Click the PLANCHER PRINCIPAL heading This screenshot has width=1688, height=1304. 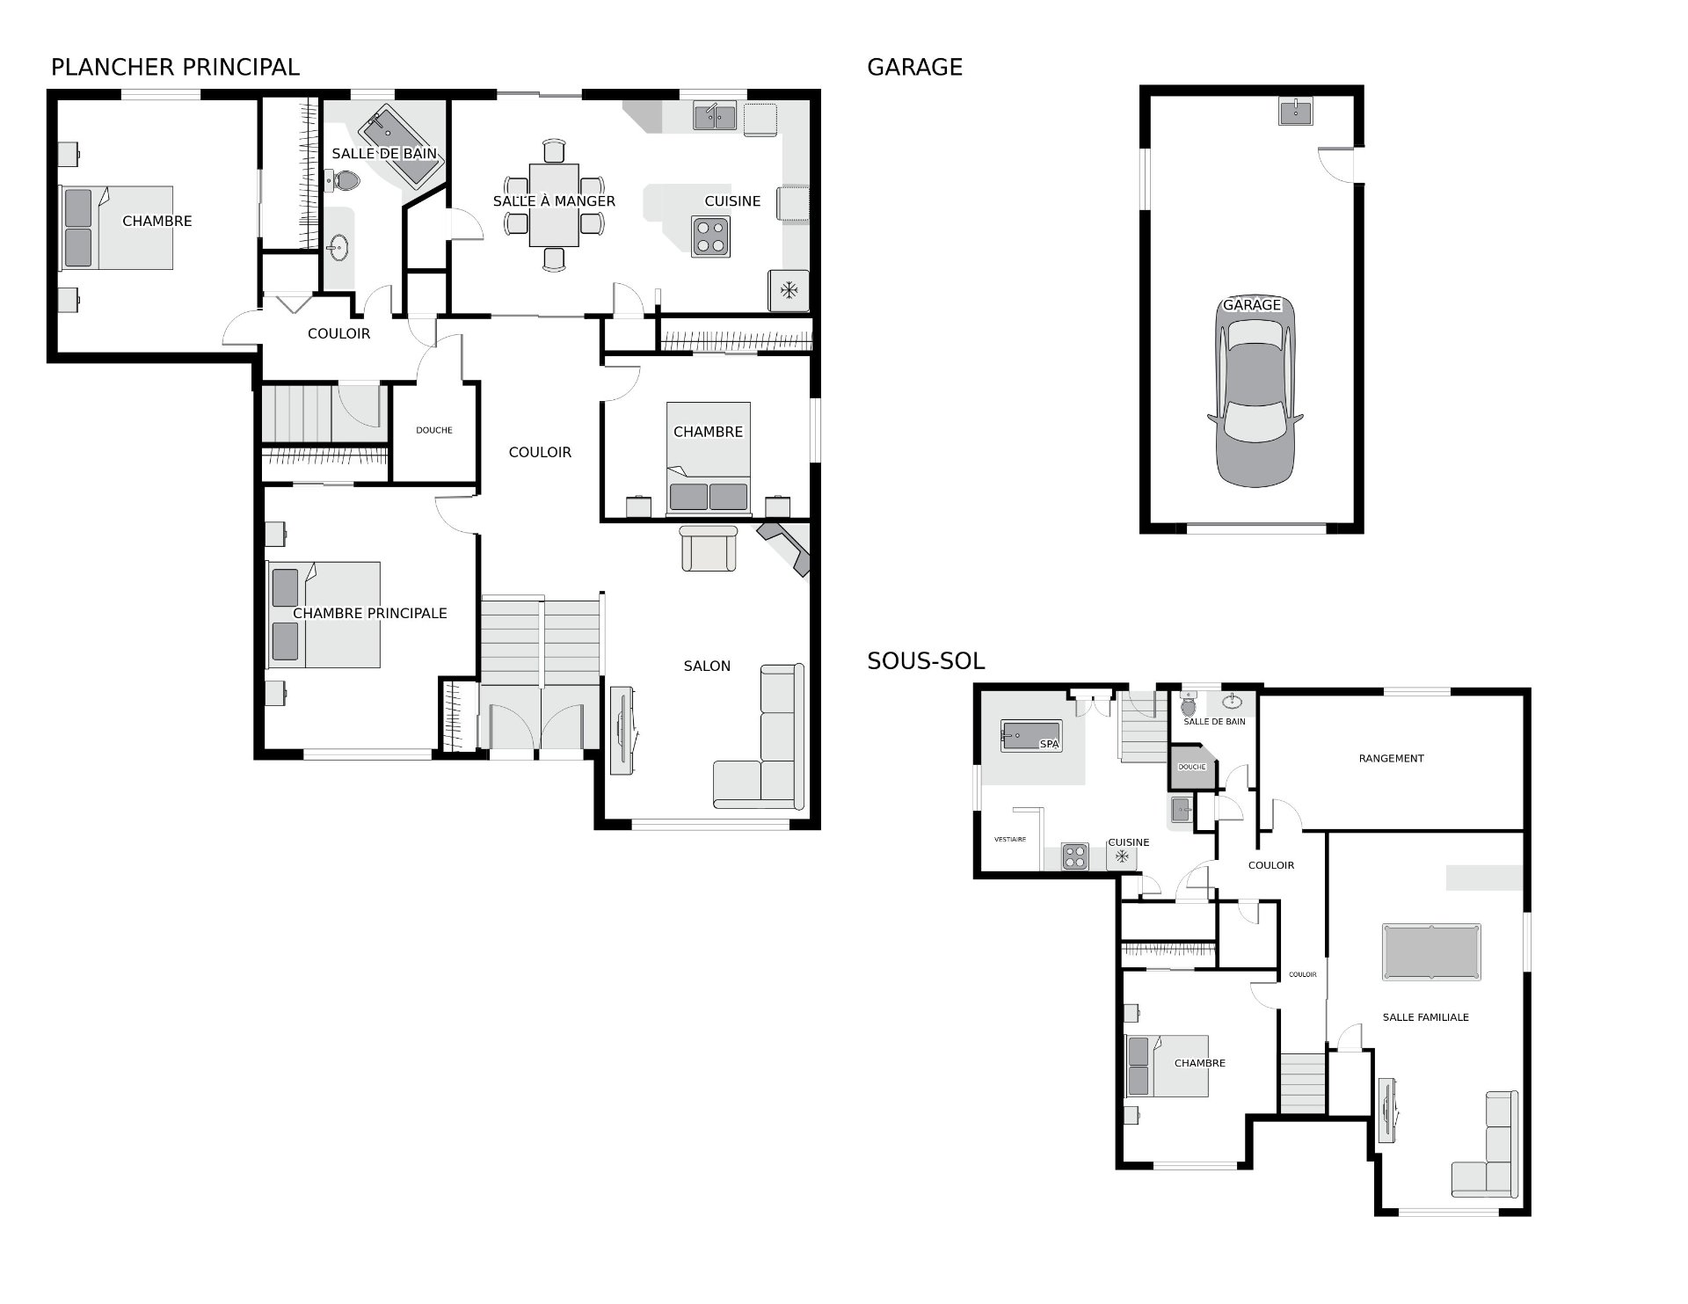pyautogui.click(x=175, y=67)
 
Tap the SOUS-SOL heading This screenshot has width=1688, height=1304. pyautogui.click(x=926, y=661)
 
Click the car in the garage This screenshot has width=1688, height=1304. pyautogui.click(x=1255, y=391)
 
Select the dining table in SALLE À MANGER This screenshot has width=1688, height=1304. pyautogui.click(x=554, y=205)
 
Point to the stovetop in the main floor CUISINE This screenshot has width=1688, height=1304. pyautogui.click(x=710, y=237)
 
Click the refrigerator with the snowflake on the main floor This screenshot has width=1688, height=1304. pyautogui.click(x=789, y=290)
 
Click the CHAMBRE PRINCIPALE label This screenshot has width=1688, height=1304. pyautogui.click(x=370, y=613)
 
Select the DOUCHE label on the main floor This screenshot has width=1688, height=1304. pyautogui.click(x=434, y=430)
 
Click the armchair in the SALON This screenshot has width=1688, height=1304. pyautogui.click(x=709, y=549)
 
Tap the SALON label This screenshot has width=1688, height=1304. pyautogui.click(x=707, y=666)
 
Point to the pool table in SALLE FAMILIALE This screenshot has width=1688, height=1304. pyautogui.click(x=1431, y=951)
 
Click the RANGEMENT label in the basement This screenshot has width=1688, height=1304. pyautogui.click(x=1391, y=758)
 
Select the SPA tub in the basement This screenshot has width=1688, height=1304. pyautogui.click(x=1031, y=736)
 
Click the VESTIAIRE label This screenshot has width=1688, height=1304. pyautogui.click(x=1010, y=840)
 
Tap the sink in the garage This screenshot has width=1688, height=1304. pyautogui.click(x=1295, y=112)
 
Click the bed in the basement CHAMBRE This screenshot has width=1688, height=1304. pyautogui.click(x=1168, y=1066)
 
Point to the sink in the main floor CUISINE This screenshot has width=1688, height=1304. pyautogui.click(x=715, y=116)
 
